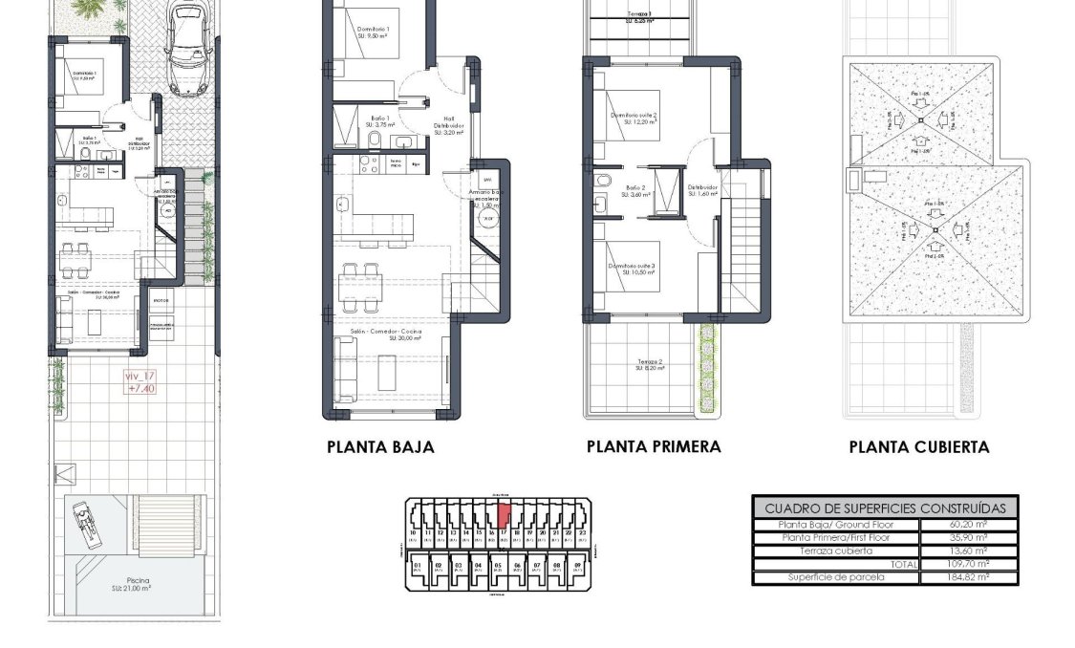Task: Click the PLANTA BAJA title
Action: click(380, 446)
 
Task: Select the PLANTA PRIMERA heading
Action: click(654, 446)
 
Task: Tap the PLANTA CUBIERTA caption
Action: click(919, 446)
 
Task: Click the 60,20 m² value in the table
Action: click(969, 525)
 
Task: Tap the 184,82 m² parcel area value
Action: click(969, 577)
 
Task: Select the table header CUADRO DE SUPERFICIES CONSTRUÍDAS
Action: click(885, 508)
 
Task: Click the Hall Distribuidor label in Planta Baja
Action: click(448, 128)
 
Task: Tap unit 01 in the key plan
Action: click(418, 567)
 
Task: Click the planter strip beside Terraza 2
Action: click(707, 368)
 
